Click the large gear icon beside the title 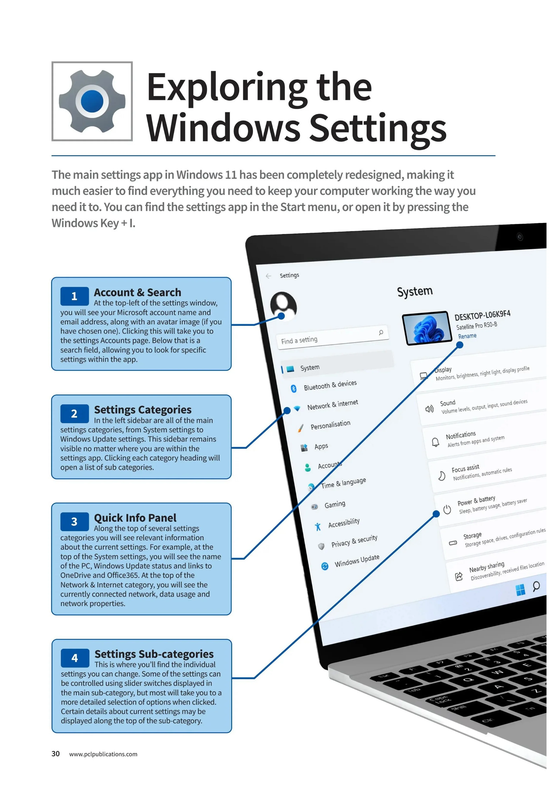pos(92,101)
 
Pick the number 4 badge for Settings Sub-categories pos(75,658)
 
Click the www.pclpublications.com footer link pos(103,754)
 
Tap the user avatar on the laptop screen pos(283,305)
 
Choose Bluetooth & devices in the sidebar pos(330,385)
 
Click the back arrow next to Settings pos(269,276)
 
